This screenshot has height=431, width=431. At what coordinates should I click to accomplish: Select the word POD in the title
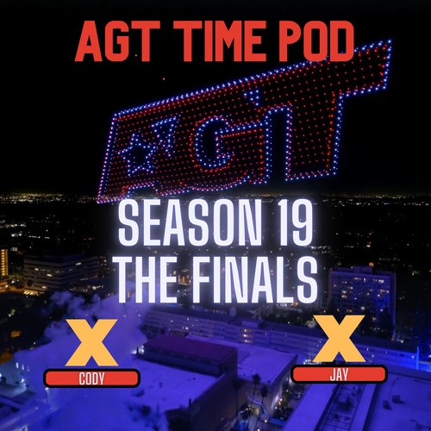[x=318, y=41]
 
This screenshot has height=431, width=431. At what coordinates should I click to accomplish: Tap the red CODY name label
[x=91, y=378]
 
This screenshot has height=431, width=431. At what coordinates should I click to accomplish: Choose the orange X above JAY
[x=337, y=340]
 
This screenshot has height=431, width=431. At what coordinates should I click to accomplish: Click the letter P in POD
[x=287, y=41]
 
